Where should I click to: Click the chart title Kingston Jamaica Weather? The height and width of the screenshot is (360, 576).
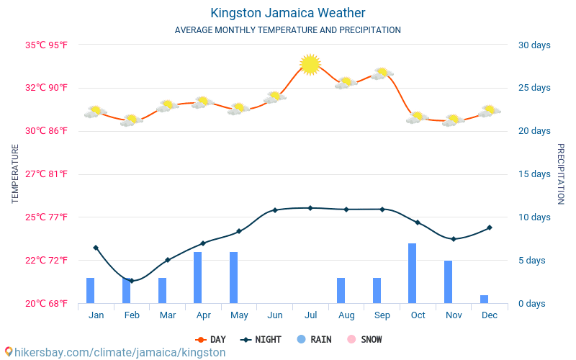pos(288,13)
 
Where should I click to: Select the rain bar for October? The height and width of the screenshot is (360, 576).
pos(413,273)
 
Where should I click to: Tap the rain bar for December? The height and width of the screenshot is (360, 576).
pos(484,299)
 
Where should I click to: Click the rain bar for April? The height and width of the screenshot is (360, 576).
pos(198,277)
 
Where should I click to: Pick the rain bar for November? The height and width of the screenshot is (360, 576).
pos(449,282)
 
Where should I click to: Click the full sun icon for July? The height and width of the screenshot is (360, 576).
pos(310,64)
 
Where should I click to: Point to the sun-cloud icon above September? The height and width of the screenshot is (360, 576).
pos(382,73)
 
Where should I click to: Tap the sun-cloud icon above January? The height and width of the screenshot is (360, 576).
pos(95,111)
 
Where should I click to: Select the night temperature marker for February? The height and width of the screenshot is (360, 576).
pos(131,281)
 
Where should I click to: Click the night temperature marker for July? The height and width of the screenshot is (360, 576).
pos(310,208)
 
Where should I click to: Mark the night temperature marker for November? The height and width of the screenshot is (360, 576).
pos(453,239)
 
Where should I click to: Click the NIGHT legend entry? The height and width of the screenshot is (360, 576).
pos(261,339)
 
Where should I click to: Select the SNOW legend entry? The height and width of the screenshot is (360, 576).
pos(364,339)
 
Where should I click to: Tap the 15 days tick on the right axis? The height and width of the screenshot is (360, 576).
pos(535,174)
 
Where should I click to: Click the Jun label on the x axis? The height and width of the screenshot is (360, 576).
pos(274,315)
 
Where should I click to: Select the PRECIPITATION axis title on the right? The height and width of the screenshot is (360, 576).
pos(561,174)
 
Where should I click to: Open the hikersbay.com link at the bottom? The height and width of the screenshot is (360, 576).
pos(115,352)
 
